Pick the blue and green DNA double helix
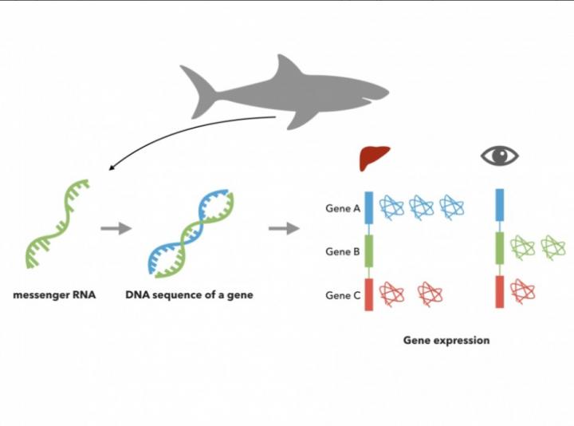pyautogui.click(x=191, y=231)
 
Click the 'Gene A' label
pyautogui.click(x=343, y=208)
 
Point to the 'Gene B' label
pyautogui.click(x=343, y=252)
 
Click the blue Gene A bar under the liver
pyautogui.click(x=370, y=206)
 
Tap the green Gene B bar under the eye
pyautogui.click(x=500, y=249)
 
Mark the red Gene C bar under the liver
pyautogui.click(x=370, y=293)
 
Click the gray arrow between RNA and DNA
pyautogui.click(x=116, y=229)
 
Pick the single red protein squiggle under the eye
pyautogui.click(x=521, y=290)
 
